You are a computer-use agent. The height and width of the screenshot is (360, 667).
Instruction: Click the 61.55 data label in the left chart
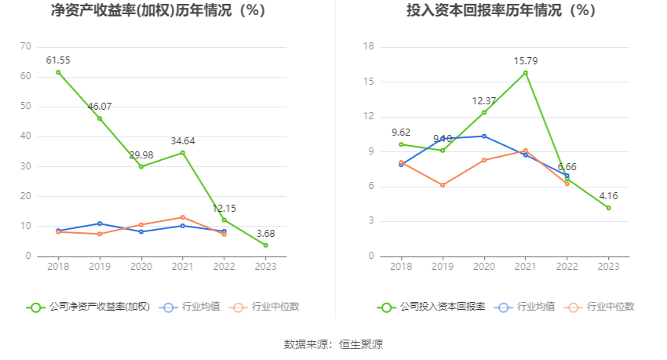pyautogui.click(x=58, y=60)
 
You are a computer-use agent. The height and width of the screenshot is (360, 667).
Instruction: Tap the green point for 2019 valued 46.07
pyautogui.click(x=100, y=118)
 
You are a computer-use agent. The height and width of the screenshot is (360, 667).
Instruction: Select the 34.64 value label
pyautogui.click(x=183, y=141)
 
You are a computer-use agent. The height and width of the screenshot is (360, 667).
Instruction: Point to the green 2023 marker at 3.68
pyautogui.click(x=265, y=245)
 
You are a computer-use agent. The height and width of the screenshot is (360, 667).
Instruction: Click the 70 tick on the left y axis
pyautogui.click(x=26, y=47)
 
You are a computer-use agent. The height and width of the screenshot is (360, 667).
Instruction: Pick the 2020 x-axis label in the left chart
pyautogui.click(x=141, y=267)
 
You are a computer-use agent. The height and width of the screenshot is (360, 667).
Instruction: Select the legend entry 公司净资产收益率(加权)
pyautogui.click(x=88, y=307)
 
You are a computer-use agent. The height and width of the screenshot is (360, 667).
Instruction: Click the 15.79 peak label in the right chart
pyautogui.click(x=525, y=60)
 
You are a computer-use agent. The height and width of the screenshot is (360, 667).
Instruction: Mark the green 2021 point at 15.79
pyautogui.click(x=525, y=73)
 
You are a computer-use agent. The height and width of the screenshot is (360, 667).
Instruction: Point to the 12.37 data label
pyautogui.click(x=484, y=100)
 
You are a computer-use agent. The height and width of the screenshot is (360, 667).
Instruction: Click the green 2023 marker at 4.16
pyautogui.click(x=608, y=208)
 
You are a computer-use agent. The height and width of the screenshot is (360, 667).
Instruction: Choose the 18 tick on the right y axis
pyautogui.click(x=370, y=47)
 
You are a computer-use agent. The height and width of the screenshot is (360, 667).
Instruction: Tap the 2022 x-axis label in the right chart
pyautogui.click(x=567, y=267)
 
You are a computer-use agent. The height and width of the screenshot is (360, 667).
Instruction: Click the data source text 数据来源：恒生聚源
pyautogui.click(x=333, y=344)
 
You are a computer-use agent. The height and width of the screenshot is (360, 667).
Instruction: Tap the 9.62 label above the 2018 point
pyautogui.click(x=401, y=133)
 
